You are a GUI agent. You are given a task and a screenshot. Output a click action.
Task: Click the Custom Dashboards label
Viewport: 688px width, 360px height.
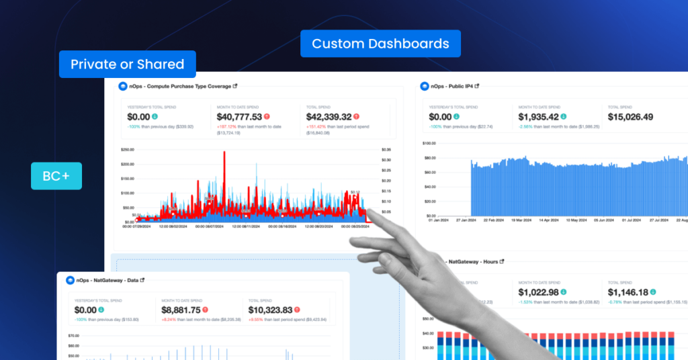(380, 44)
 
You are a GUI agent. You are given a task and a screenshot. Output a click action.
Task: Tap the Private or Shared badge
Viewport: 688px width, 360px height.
(127, 64)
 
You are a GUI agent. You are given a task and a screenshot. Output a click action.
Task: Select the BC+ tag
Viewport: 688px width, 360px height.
(56, 176)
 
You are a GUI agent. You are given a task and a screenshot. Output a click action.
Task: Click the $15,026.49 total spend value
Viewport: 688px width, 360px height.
(640, 117)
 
